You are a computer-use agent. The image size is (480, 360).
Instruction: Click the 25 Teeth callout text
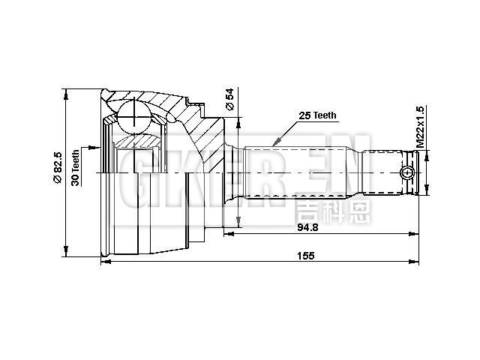tap(318, 115)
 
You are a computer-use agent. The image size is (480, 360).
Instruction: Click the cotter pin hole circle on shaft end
tap(407, 173)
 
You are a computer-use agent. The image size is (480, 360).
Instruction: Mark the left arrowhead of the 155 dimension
tap(104, 262)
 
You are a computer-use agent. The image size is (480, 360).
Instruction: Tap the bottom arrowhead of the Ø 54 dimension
tap(239, 221)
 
